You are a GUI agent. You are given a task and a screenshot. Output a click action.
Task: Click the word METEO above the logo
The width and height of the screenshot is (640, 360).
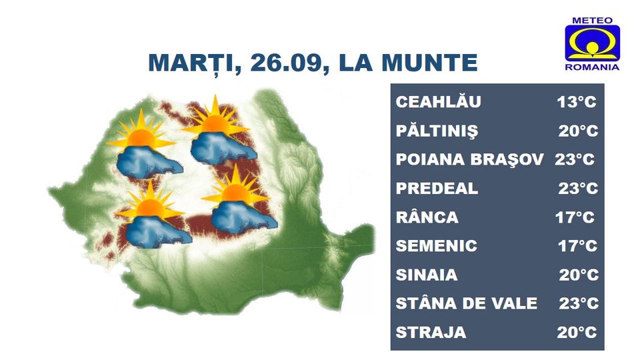click(592, 21)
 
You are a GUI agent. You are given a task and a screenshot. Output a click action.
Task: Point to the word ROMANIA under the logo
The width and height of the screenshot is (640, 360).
click(592, 67)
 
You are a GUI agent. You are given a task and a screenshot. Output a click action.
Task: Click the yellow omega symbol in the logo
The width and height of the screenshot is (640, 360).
click(592, 43)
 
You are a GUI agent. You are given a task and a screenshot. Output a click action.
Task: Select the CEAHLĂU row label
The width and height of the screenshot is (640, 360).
click(439, 101)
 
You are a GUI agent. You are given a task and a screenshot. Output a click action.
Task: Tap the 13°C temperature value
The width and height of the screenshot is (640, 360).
click(576, 101)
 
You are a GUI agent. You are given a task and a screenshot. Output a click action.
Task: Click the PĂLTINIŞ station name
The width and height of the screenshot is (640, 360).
click(437, 131)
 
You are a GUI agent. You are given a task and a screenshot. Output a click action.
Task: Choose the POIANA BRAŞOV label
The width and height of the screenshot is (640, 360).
click(469, 159)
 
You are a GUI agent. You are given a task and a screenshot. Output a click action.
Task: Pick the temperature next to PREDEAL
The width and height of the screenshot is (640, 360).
click(578, 188)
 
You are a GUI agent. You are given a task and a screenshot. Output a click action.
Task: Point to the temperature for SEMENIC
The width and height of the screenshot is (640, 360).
click(577, 246)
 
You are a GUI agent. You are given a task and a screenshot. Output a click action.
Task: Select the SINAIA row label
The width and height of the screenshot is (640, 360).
click(427, 275)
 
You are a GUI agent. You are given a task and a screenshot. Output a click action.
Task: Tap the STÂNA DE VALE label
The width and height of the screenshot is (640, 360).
click(466, 303)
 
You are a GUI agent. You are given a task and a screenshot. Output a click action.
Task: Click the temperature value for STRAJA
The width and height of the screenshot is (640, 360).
click(577, 332)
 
